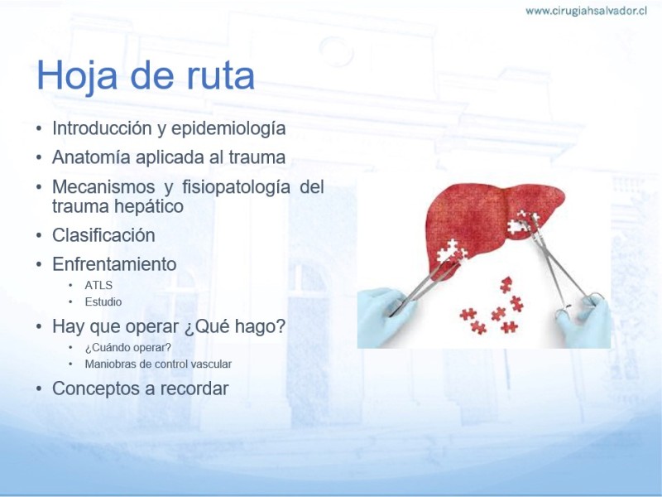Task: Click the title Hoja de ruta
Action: (x=146, y=75)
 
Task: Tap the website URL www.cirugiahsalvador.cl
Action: (x=586, y=11)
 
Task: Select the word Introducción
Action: (x=103, y=128)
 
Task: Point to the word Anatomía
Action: (x=91, y=157)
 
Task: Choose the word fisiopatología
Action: (x=236, y=187)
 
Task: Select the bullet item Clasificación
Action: (x=103, y=235)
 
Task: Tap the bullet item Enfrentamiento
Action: (x=114, y=264)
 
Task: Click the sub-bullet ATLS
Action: (x=98, y=285)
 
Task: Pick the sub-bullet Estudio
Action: (x=103, y=302)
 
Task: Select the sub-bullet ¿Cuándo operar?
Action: (x=128, y=347)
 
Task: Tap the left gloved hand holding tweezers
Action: (x=385, y=313)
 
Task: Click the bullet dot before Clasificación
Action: (x=39, y=235)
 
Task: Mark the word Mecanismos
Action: (x=103, y=186)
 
